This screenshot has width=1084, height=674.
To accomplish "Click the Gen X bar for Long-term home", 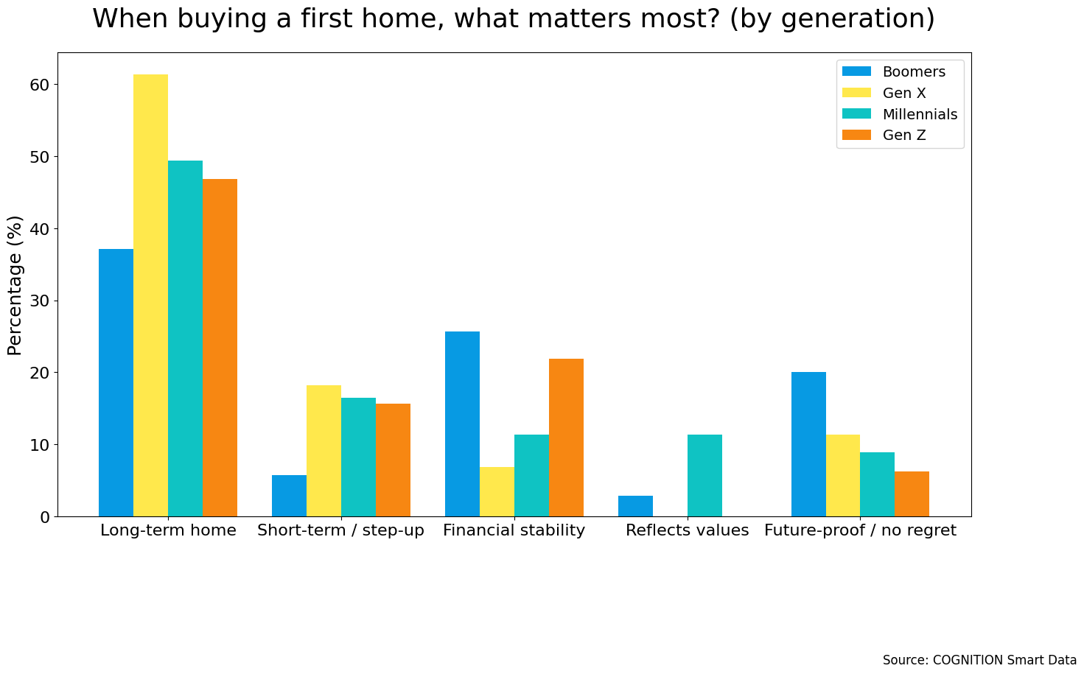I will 150,295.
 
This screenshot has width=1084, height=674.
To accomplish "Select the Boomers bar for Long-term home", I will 116,383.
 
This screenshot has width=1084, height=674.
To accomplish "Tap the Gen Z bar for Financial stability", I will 566,438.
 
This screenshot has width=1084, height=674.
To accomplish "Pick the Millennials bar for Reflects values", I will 704,476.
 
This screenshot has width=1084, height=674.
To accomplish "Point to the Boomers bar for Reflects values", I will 635,506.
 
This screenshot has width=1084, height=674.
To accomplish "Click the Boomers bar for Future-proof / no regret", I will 808,444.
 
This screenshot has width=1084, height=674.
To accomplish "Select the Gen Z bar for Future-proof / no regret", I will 912,494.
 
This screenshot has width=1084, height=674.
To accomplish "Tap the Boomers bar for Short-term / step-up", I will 289,496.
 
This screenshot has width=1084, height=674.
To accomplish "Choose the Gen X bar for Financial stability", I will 497,492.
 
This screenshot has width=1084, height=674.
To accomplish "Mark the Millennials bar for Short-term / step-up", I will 358,457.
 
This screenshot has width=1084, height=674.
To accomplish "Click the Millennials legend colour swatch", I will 857,114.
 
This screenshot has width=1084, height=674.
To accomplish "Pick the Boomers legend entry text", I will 913,71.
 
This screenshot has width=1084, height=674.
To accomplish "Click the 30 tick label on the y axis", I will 41,301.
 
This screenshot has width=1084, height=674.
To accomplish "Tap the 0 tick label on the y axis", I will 45,517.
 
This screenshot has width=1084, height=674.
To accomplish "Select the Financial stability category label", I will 514,530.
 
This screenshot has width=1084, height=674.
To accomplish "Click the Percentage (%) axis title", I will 15,285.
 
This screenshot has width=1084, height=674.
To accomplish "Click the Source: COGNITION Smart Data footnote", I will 979,660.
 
